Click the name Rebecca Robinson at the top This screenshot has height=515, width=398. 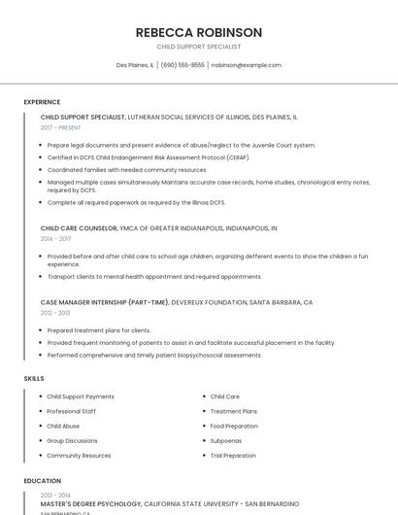199,32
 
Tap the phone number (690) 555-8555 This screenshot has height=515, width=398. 182,65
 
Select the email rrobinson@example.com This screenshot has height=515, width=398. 247,65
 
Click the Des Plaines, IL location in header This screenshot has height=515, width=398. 135,65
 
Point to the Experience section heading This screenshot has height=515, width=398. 42,102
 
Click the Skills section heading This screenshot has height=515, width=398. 33,378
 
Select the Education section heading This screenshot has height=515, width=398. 42,480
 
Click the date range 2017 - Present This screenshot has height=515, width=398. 61,127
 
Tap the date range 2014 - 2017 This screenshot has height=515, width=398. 55,238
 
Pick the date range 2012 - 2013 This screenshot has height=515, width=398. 55,313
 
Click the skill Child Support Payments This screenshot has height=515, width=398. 81,396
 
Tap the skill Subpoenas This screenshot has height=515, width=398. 227,440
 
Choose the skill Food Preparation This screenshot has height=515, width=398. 234,426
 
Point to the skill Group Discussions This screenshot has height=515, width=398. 72,440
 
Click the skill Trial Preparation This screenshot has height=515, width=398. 233,455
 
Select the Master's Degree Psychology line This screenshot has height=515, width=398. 91,504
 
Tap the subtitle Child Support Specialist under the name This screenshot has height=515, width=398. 199,47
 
